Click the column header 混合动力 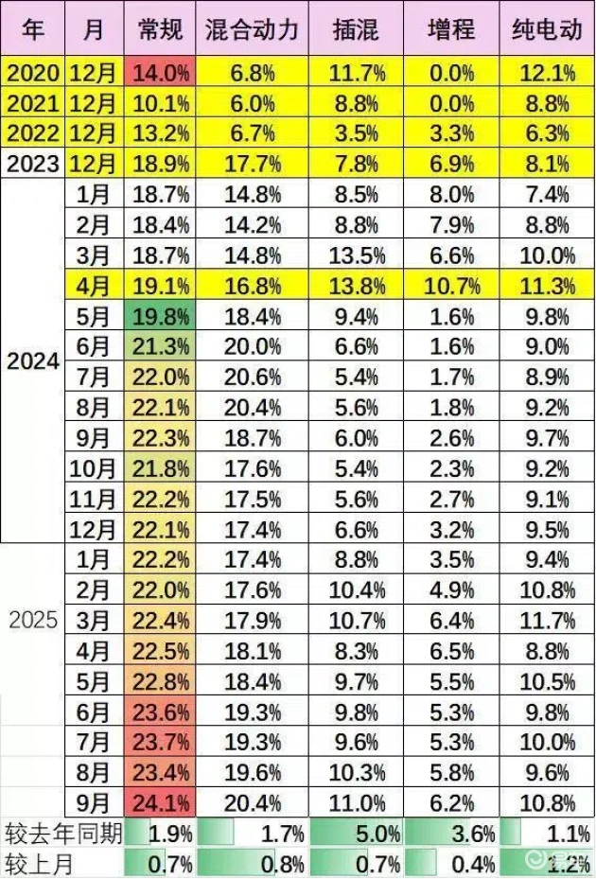point(252,29)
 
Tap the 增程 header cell point(450,29)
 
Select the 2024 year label point(33,361)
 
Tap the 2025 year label point(33,621)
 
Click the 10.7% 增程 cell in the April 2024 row point(450,286)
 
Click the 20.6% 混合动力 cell point(252,377)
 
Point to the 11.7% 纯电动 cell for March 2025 point(548,621)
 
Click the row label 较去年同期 point(62,835)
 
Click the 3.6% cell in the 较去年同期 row point(450,835)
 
